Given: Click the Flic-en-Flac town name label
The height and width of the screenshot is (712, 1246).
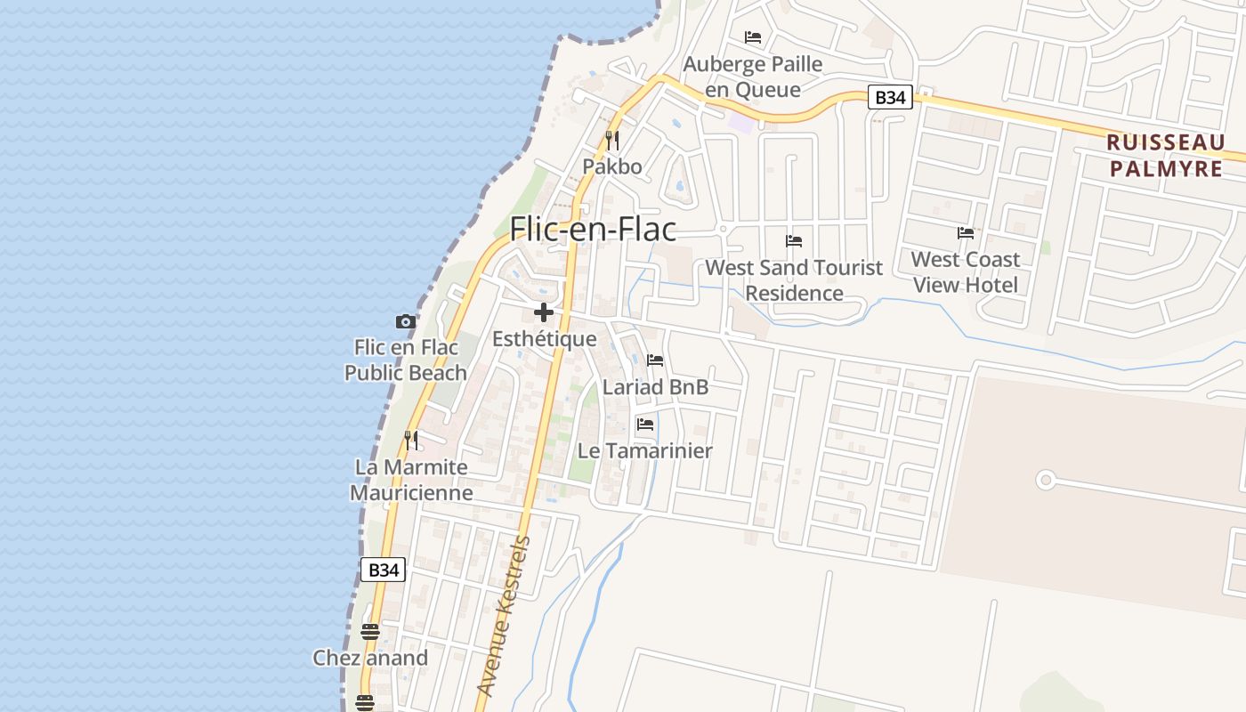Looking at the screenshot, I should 593,230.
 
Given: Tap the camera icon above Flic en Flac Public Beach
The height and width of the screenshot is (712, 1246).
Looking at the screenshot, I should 406,321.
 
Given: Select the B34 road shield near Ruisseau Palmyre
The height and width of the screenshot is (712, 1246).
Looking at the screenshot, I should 890,97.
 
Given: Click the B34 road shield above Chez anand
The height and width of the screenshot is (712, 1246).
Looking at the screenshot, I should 384,570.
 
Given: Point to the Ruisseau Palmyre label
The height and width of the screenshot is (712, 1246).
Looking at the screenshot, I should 1166,155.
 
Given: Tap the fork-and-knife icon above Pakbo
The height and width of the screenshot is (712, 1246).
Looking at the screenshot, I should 611,140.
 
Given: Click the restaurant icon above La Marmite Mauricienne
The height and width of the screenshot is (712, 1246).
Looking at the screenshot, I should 411,440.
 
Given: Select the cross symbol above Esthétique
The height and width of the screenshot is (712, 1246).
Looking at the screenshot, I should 544,312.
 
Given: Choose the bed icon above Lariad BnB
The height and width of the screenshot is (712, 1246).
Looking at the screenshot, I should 655,360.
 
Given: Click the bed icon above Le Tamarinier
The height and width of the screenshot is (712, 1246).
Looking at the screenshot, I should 645,425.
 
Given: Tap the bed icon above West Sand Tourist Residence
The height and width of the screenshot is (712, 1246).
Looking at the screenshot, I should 794,241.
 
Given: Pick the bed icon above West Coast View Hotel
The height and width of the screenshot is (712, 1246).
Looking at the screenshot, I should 966,233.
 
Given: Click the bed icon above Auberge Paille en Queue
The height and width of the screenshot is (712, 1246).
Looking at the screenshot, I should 753,37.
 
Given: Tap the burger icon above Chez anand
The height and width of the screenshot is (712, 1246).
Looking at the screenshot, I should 370,632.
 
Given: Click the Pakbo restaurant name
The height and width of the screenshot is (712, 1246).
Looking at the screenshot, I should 612,166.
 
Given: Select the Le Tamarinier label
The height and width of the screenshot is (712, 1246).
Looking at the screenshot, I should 645,450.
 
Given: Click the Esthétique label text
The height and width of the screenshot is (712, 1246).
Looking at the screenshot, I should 545,339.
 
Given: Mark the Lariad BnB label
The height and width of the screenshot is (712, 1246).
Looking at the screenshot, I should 656,387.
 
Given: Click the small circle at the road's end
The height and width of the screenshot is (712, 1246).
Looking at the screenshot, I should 1046,481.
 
